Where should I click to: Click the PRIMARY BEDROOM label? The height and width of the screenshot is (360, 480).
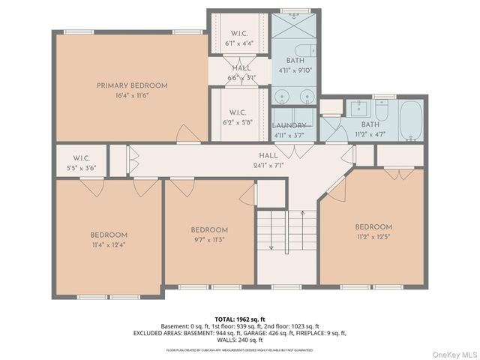coord(132,85)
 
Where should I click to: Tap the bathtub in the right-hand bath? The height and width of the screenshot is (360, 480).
coord(411,121)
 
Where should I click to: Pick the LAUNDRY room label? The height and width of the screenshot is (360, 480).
coord(289,126)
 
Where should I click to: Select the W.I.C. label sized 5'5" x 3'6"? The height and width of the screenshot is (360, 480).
coord(82,169)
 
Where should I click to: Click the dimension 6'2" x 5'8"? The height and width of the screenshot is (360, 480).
coord(238,121)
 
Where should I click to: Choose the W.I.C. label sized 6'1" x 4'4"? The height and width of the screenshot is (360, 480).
coord(239,43)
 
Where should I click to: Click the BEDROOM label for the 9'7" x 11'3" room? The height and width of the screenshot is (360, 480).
coord(208,230)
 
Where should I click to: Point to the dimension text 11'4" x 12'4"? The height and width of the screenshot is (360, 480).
coord(109,244)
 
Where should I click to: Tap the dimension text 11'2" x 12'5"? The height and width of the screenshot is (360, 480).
coord(373,237)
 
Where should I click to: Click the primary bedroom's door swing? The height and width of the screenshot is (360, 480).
coord(187,135)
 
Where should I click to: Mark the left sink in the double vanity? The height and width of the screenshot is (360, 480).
coord(281,96)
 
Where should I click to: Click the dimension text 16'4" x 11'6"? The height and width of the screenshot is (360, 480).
coord(132,96)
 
